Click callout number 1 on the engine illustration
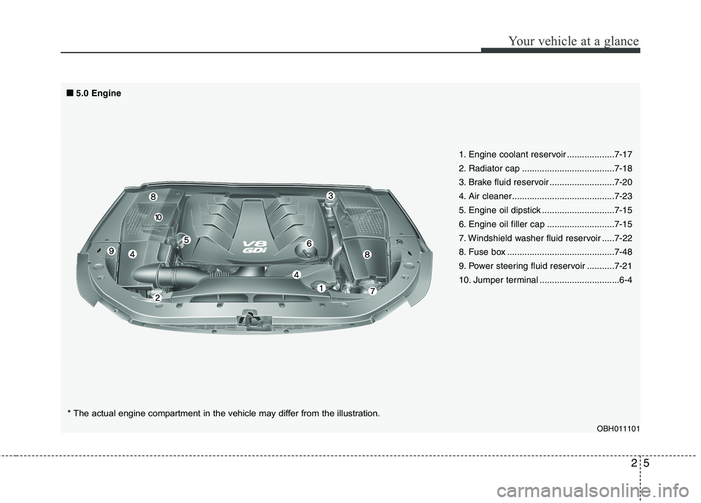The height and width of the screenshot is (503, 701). tap(320, 289)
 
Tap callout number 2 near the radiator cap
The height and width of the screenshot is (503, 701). tap(157, 298)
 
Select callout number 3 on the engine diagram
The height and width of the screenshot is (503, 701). tap(330, 196)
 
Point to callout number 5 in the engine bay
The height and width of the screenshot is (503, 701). tap(186, 239)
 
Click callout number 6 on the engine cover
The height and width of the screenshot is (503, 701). tap(309, 243)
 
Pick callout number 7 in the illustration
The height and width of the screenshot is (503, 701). tap(372, 291)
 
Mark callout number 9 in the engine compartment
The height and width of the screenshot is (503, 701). tap(111, 250)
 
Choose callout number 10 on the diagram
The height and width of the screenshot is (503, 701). tap(158, 218)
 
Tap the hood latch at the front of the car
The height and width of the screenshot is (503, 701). tap(249, 319)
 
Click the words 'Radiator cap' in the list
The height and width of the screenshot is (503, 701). tap(489, 169)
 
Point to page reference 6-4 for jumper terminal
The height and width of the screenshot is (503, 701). tap(625, 280)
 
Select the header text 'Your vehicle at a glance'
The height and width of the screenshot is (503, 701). tap(580, 41)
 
